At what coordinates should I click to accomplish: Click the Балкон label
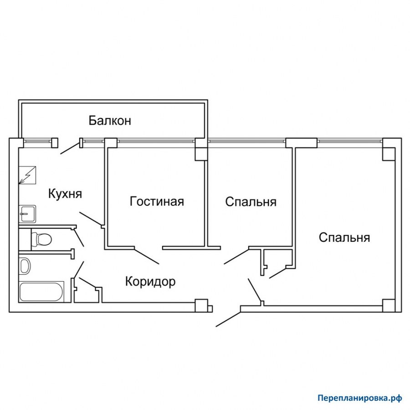(x=110, y=121)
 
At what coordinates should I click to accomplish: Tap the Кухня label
(x=65, y=194)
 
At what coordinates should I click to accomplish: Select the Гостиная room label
(x=157, y=202)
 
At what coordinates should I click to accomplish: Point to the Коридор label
(x=150, y=282)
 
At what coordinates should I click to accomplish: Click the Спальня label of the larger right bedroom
(x=344, y=238)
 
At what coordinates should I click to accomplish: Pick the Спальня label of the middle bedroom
(x=251, y=202)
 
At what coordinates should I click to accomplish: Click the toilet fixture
(x=41, y=239)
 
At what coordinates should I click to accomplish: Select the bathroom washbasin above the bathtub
(x=25, y=266)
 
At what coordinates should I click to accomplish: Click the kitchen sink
(x=27, y=214)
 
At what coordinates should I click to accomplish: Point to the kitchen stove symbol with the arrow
(x=27, y=175)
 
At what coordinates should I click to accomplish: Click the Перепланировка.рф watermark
(x=360, y=398)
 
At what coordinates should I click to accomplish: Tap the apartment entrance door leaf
(x=228, y=319)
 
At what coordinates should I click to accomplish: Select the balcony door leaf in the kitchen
(x=70, y=148)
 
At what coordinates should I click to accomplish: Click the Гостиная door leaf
(x=147, y=256)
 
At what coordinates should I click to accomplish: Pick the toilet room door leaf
(x=79, y=238)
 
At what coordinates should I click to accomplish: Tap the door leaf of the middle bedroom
(x=236, y=256)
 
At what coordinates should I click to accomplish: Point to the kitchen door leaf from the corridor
(x=91, y=218)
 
